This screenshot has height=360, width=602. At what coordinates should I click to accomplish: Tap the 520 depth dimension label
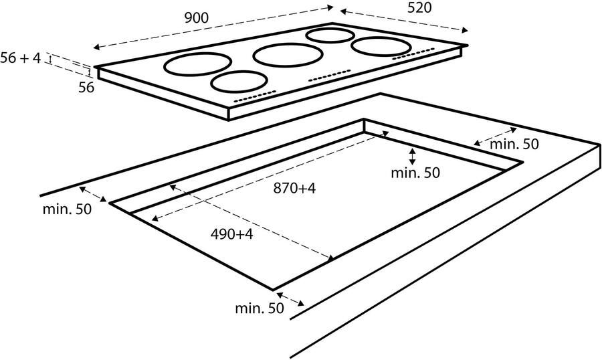[417, 8]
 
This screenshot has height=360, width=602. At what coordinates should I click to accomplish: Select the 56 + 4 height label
[21, 59]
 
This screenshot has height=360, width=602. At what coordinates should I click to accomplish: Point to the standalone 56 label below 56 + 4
[86, 87]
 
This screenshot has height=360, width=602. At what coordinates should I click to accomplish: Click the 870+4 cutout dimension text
[294, 189]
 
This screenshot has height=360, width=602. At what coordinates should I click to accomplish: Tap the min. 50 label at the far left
[67, 209]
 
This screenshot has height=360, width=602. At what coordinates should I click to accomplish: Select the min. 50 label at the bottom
[260, 308]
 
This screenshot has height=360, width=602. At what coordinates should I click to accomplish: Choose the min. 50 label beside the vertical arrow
[415, 173]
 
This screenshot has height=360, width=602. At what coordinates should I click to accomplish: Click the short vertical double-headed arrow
[413, 157]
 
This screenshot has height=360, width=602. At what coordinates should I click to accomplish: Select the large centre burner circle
[280, 55]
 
